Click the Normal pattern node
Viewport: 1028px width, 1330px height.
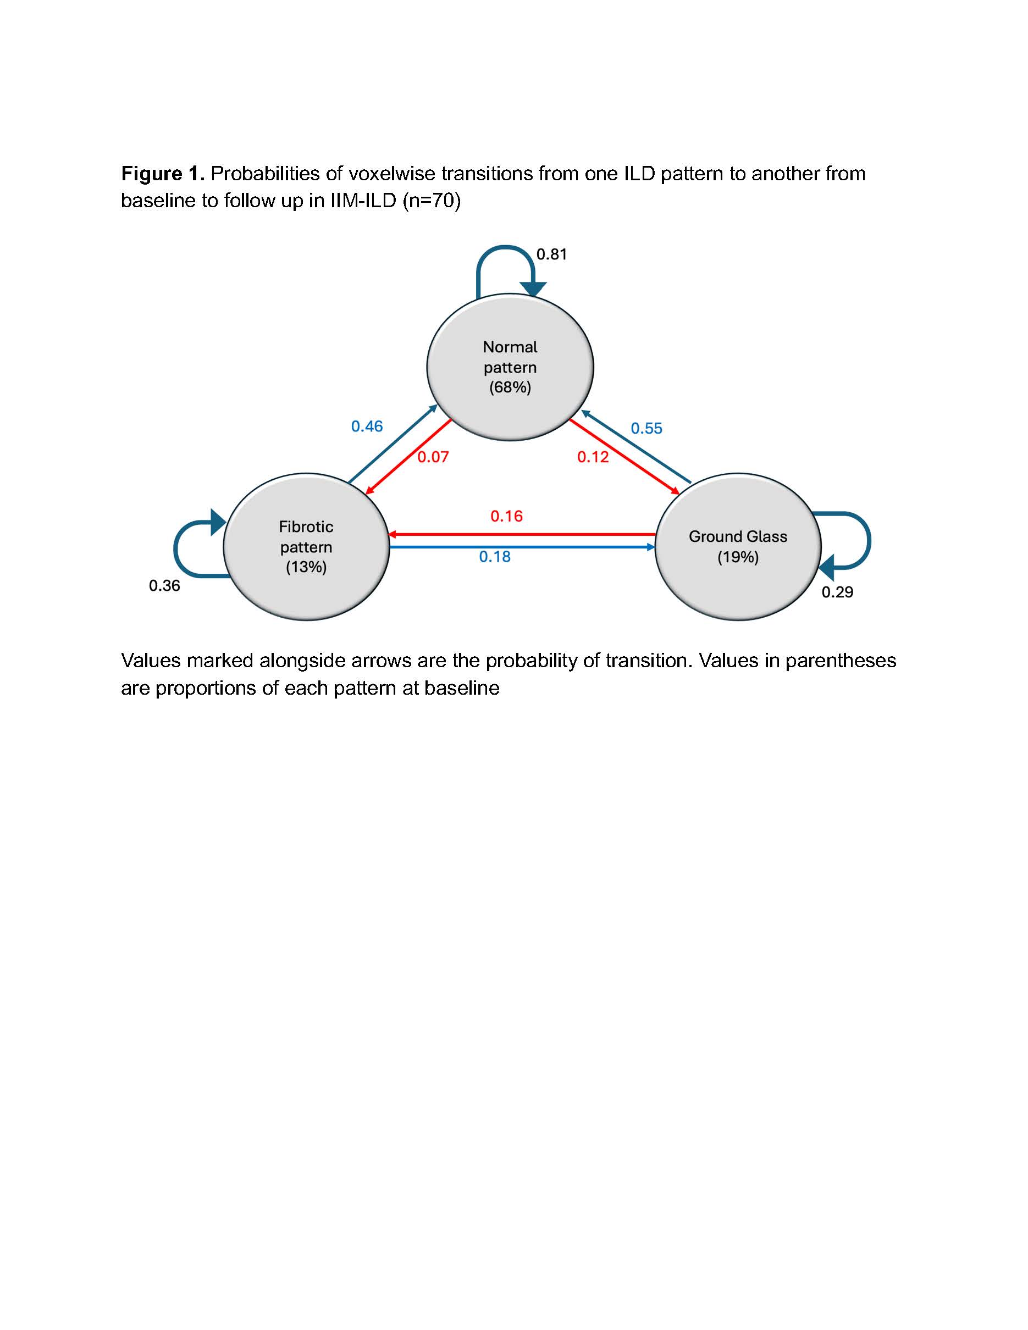tap(510, 367)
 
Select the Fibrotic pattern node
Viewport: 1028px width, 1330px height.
tap(306, 546)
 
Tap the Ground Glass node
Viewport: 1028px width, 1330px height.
tap(738, 546)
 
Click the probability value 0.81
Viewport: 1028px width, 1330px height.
tap(552, 254)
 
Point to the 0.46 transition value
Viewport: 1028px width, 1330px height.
tap(367, 426)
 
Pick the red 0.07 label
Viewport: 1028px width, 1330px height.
tap(433, 457)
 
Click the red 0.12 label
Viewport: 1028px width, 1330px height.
tap(593, 457)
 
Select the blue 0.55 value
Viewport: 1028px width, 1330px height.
tap(646, 429)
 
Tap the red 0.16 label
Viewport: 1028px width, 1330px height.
tap(507, 517)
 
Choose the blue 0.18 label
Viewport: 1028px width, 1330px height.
tap(495, 557)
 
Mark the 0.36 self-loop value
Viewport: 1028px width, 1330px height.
tap(164, 586)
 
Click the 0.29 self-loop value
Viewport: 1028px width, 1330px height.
tap(837, 592)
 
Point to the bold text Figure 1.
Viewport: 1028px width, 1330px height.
tap(163, 174)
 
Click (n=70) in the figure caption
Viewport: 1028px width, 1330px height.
tap(431, 201)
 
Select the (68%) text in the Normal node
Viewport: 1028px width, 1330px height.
tap(510, 387)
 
